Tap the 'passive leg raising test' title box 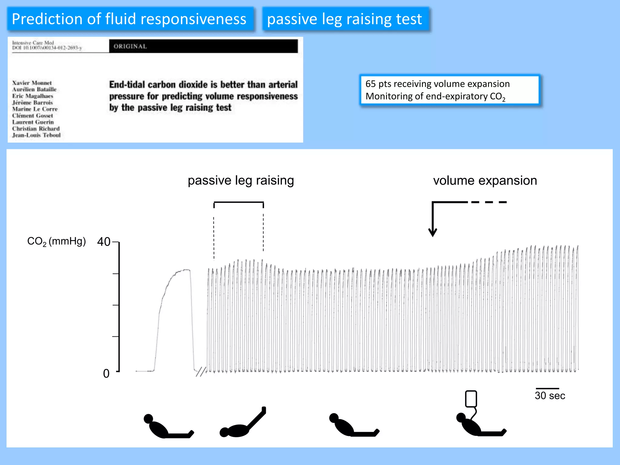[x=345, y=19]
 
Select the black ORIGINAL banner [x=203, y=46]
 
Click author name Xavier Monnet [x=32, y=83]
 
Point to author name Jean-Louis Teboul [x=36, y=135]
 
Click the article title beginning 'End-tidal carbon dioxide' [x=203, y=96]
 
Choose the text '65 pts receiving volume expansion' [x=437, y=84]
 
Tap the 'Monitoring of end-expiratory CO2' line [x=435, y=96]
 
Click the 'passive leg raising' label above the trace [x=241, y=180]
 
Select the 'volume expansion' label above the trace [x=485, y=180]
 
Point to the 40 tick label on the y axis [x=104, y=242]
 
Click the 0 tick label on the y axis [x=106, y=374]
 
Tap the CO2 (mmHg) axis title [x=57, y=241]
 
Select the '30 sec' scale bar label [x=550, y=396]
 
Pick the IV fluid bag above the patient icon [x=471, y=399]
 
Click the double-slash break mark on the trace [x=201, y=372]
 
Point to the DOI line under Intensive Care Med [x=47, y=48]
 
